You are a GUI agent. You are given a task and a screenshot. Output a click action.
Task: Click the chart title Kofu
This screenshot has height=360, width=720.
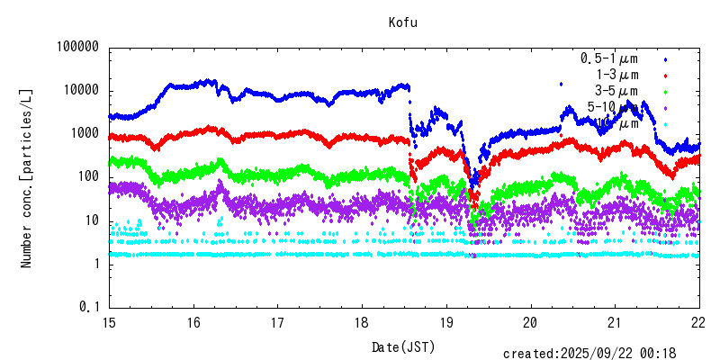coord(402,22)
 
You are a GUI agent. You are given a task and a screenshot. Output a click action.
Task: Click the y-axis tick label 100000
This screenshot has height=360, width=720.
coord(76,48)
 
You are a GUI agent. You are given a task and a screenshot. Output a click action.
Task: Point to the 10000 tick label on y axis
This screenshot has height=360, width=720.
coord(79,91)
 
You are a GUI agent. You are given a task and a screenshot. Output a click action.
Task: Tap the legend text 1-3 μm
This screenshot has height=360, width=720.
coord(617,75)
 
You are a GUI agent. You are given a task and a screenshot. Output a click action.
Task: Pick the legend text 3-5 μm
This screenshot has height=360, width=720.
coord(617,91)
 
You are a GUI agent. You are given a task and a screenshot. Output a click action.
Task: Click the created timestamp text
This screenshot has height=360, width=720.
coord(600,354)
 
